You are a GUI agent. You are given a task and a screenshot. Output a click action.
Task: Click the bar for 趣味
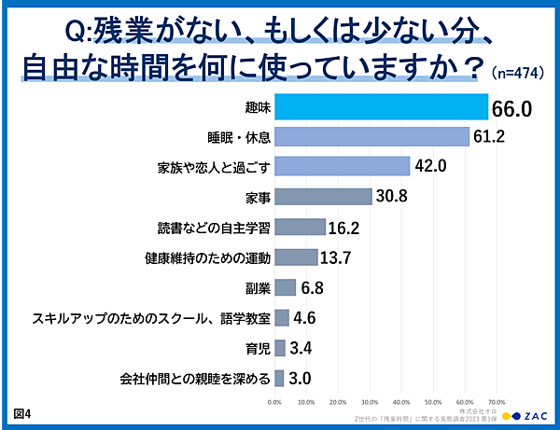click(381, 107)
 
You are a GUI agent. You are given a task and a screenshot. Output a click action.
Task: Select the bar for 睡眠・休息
click(371, 137)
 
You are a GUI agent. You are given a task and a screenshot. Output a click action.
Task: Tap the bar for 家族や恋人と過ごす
click(342, 166)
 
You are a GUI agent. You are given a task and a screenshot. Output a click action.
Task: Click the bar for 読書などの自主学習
click(300, 227)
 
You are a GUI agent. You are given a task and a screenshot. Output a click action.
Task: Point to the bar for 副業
click(285, 286)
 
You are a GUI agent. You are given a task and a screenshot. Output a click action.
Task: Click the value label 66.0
click(511, 108)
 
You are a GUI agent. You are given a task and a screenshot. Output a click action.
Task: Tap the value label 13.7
click(338, 257)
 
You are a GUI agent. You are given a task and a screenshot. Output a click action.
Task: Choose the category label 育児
click(258, 347)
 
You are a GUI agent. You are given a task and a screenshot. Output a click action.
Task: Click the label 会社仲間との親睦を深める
click(195, 378)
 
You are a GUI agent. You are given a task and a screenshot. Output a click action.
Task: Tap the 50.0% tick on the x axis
click(433, 403)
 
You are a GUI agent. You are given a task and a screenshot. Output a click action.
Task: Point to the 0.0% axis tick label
click(274, 403)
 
